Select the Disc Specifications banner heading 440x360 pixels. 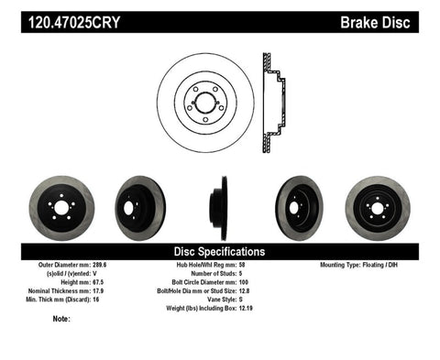[219, 250]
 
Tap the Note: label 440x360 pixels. [62, 319]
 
